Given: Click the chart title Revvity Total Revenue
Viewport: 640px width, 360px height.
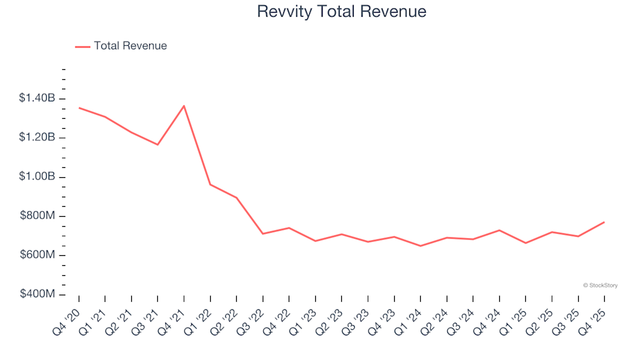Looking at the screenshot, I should (x=341, y=12).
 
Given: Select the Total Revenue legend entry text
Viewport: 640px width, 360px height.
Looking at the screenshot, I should (x=130, y=46).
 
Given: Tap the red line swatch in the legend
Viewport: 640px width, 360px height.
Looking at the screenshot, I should (x=83, y=46).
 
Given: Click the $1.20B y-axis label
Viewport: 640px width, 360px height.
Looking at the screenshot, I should (x=37, y=138).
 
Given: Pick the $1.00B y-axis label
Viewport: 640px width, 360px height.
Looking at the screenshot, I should (x=37, y=177).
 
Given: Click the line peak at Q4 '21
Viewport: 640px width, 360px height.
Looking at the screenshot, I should (x=184, y=106).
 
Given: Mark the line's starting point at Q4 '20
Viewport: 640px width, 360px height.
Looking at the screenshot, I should (x=79, y=108).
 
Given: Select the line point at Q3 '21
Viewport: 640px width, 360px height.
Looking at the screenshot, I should (x=158, y=145).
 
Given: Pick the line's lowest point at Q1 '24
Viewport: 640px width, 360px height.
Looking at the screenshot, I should (x=421, y=246).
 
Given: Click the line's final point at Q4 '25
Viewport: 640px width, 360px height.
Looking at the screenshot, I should (x=605, y=222).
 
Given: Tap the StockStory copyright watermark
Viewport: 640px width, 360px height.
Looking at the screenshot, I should (x=600, y=285).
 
